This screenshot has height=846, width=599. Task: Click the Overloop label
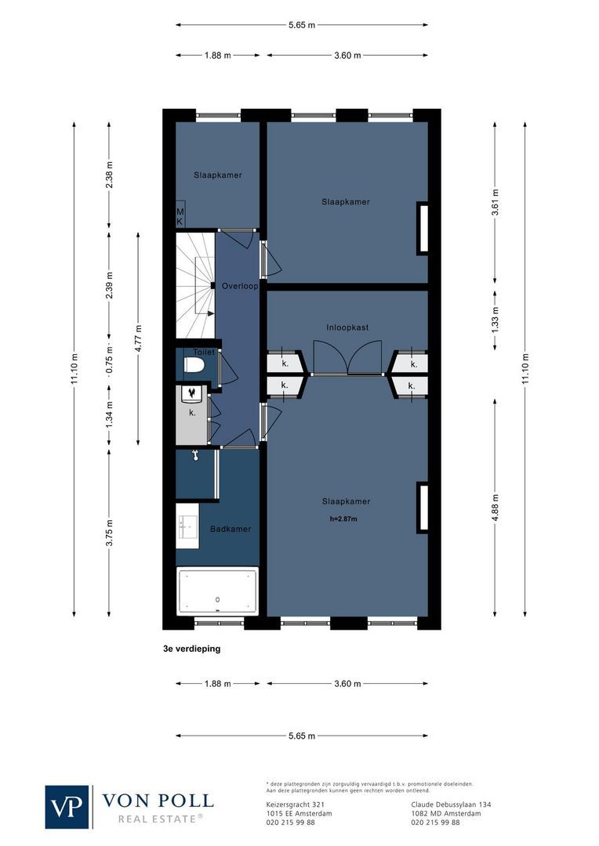coord(239,287)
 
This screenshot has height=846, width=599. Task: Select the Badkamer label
coord(231,530)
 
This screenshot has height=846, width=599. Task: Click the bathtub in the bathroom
coord(217,590)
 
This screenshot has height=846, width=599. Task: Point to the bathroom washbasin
coord(187,527)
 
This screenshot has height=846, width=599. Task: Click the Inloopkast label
coord(347,327)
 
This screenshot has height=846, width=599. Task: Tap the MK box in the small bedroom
coord(180,217)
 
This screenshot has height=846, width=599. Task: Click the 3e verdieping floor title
coord(191,649)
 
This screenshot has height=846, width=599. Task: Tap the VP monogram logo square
coord(67,806)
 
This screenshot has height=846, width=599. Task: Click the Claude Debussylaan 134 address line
coord(451,804)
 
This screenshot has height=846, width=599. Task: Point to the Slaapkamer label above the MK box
coord(218,175)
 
